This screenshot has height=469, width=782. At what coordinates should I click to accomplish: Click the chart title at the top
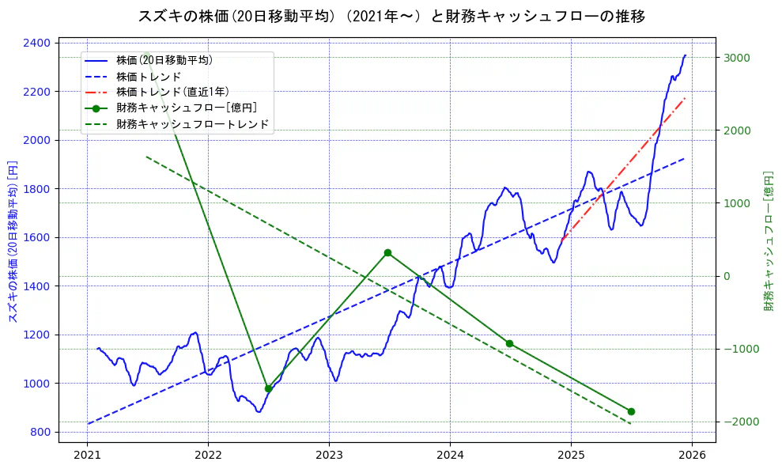click(x=391, y=16)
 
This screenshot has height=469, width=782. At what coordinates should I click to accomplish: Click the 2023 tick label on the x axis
click(x=329, y=455)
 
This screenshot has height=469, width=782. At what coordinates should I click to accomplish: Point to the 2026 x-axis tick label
click(x=692, y=455)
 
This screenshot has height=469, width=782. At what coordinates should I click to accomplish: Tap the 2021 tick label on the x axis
click(x=87, y=455)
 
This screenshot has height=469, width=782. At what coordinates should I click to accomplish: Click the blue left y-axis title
click(x=13, y=237)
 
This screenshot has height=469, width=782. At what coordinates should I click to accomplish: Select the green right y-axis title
click(x=768, y=240)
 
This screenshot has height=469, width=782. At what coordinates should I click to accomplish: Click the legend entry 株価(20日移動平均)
click(x=164, y=59)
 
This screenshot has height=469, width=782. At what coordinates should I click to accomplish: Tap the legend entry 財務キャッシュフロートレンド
click(x=192, y=124)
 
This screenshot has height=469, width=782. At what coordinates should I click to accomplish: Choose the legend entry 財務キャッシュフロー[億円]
click(x=186, y=108)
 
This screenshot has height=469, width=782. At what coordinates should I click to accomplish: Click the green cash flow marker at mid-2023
click(x=387, y=253)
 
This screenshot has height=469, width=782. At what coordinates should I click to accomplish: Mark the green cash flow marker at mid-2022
click(x=268, y=388)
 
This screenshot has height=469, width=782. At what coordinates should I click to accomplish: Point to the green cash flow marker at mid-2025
click(x=631, y=411)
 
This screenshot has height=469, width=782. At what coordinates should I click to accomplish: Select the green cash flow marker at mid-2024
click(x=509, y=343)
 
